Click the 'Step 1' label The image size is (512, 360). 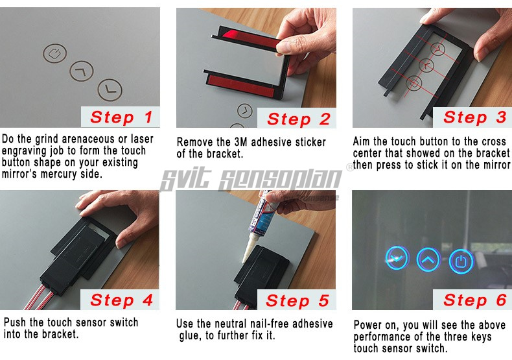121,117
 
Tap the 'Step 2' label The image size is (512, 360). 298,119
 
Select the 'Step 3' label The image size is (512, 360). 475,117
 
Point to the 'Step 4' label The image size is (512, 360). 121,300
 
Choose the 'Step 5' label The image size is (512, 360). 297,300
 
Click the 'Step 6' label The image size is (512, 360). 475,300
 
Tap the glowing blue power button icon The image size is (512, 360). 461,261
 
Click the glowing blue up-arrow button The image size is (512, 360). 428,259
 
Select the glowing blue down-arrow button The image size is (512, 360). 397,258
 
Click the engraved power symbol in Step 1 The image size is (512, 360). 55,53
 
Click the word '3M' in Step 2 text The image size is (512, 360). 241,142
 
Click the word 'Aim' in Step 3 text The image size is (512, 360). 362,141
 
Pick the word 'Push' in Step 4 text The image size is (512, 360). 15,322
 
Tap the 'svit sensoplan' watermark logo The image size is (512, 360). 251,179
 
